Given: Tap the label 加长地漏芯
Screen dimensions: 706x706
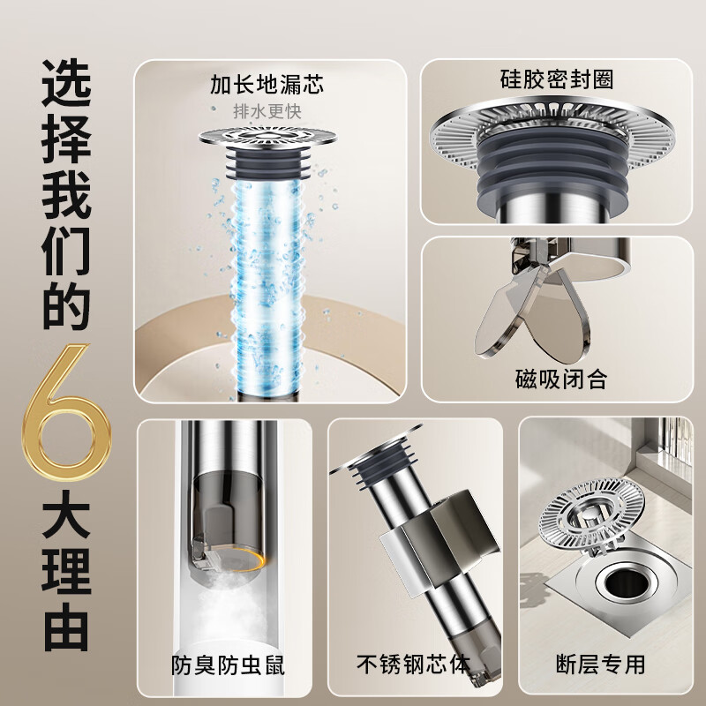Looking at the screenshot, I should click(267, 85).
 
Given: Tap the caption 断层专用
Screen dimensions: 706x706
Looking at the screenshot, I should click(602, 664).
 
